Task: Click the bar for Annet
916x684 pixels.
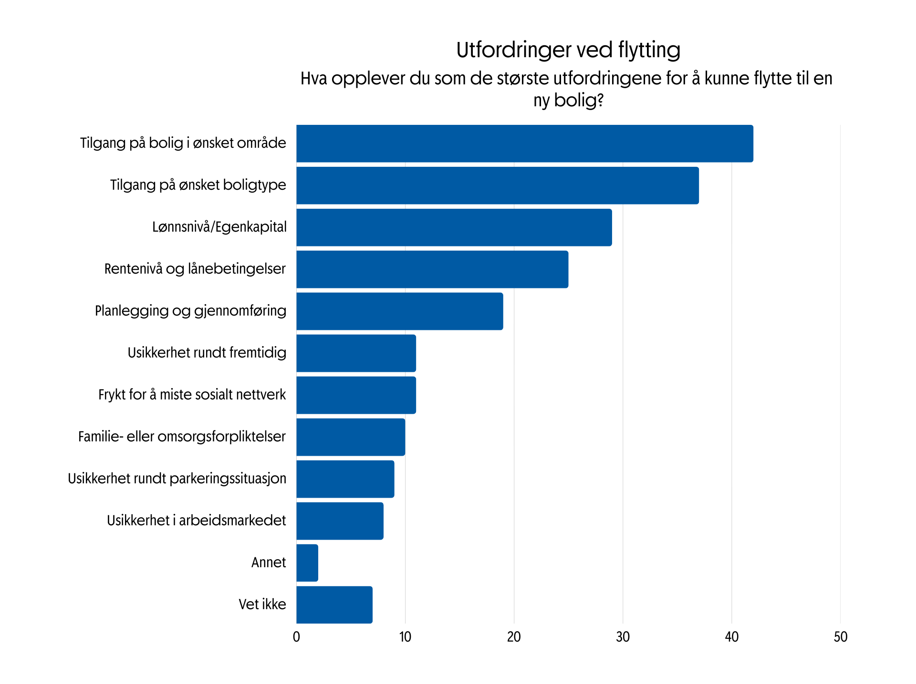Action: (x=307, y=563)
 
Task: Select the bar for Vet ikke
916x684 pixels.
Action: (x=334, y=605)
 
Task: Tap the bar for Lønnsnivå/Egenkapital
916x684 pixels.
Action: (x=454, y=227)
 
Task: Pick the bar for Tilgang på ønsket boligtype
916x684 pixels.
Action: (x=497, y=185)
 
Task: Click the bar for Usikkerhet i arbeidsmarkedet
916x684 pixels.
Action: (x=340, y=521)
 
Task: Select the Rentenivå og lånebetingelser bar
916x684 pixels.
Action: (x=432, y=269)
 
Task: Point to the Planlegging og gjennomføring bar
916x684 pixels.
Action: (x=399, y=311)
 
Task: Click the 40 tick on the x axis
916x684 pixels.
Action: (x=731, y=637)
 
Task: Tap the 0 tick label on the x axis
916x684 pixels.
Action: (x=296, y=637)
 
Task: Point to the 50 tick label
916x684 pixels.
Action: (x=840, y=637)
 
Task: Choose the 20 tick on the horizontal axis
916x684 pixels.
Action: (x=514, y=637)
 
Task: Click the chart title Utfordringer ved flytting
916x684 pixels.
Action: (x=568, y=50)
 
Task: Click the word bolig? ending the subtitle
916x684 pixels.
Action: (x=578, y=101)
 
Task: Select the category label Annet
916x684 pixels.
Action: (x=269, y=562)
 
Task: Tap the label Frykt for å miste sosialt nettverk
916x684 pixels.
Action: (x=192, y=395)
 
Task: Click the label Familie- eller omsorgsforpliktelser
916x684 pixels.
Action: (x=182, y=437)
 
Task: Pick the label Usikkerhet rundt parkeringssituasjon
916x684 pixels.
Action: (x=177, y=479)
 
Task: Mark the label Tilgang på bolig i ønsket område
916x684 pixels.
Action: (x=183, y=143)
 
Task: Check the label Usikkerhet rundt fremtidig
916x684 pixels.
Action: (x=207, y=353)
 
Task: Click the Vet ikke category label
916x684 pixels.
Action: (x=262, y=604)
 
